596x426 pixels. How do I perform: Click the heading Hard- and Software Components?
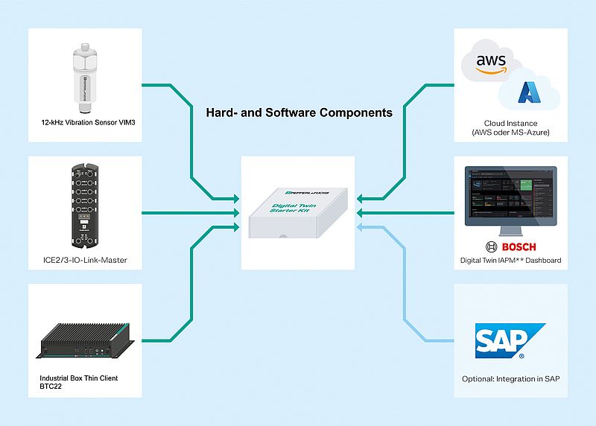pos(299,113)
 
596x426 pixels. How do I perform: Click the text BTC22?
pos(51,388)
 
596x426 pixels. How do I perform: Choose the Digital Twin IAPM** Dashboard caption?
pos(510,261)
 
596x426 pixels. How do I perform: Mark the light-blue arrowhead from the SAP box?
pos(361,226)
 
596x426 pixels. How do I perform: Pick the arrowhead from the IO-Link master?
pos(235,213)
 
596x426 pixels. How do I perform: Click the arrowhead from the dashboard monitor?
pos(361,213)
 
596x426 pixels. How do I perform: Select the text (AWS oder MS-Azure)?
pos(510,133)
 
